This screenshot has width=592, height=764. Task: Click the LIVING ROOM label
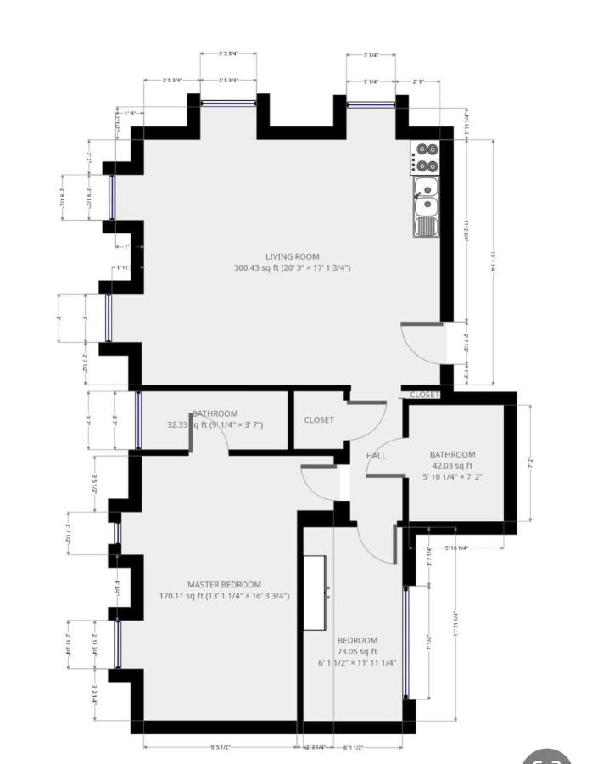click(x=292, y=256)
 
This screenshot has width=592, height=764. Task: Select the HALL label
click(x=376, y=456)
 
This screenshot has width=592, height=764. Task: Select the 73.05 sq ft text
click(x=356, y=651)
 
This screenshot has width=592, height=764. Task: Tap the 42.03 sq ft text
click(x=452, y=465)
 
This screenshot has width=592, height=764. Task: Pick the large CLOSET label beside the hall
click(x=319, y=420)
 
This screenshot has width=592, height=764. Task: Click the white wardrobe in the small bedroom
click(x=316, y=593)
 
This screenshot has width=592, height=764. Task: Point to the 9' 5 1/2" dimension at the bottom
click(x=223, y=748)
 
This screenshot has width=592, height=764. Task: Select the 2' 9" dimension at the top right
click(x=418, y=81)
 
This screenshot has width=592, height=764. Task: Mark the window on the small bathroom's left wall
click(x=138, y=420)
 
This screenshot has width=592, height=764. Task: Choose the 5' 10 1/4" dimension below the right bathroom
click(x=450, y=548)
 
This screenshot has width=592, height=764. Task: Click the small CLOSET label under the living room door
click(x=424, y=395)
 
